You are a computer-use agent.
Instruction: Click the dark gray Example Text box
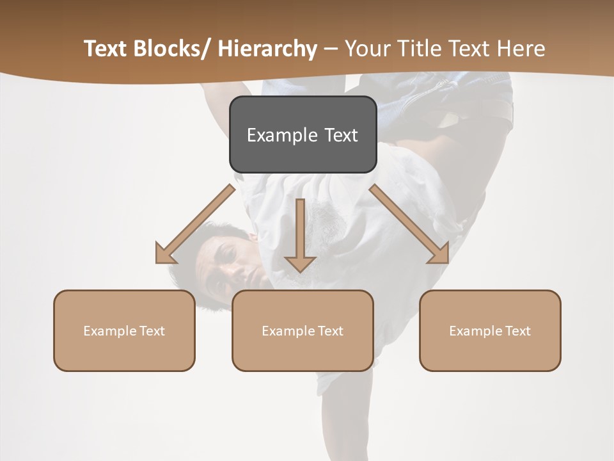[x=303, y=134]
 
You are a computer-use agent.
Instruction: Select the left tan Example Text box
[x=124, y=330]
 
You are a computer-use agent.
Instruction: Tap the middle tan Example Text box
[x=303, y=330]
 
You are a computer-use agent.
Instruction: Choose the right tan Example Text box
[x=490, y=330]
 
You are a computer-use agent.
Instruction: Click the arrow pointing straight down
[x=301, y=234]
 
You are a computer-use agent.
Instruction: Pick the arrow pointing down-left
[x=196, y=224]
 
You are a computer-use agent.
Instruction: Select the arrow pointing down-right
[x=409, y=224]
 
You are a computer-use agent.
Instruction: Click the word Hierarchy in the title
[x=267, y=49]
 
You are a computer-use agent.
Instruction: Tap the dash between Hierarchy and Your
[x=331, y=49]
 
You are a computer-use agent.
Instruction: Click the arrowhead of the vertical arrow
[x=301, y=263]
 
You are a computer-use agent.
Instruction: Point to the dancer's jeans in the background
[x=448, y=96]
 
